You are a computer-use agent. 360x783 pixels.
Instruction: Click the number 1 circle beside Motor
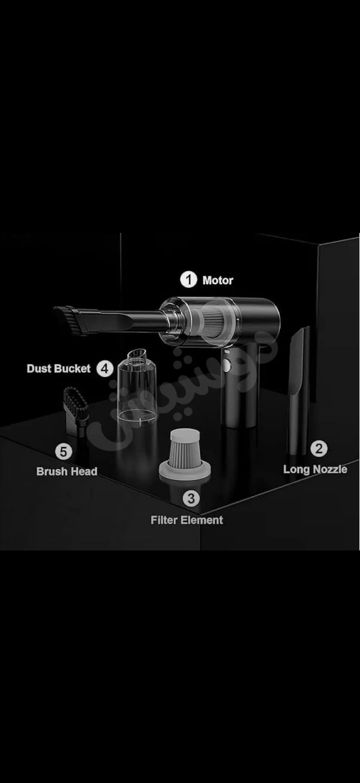(x=189, y=280)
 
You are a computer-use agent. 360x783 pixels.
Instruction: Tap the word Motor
(x=218, y=280)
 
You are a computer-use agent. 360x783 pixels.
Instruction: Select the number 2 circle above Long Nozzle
(x=319, y=448)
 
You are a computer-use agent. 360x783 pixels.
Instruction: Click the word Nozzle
(x=330, y=469)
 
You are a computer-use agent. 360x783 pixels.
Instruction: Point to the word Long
(x=297, y=470)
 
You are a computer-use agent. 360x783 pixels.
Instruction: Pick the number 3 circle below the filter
(x=191, y=498)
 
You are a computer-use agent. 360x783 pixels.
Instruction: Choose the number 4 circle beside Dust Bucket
(x=105, y=369)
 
